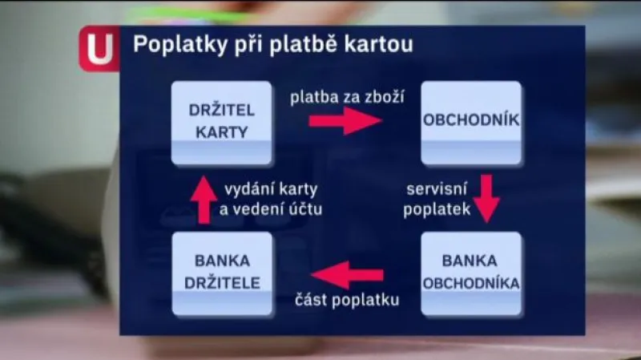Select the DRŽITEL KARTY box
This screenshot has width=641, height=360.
[x=222, y=122]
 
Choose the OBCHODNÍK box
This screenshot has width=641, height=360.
[x=471, y=122]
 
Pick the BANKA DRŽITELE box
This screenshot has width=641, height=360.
[x=222, y=273]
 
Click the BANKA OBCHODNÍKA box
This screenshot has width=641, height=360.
[x=471, y=273]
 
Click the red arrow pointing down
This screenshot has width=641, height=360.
[x=485, y=197]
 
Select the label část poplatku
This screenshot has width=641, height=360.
[x=346, y=301]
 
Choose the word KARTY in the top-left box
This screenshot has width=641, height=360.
[x=222, y=132]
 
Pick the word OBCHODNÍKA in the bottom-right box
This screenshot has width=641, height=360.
[x=471, y=283]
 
